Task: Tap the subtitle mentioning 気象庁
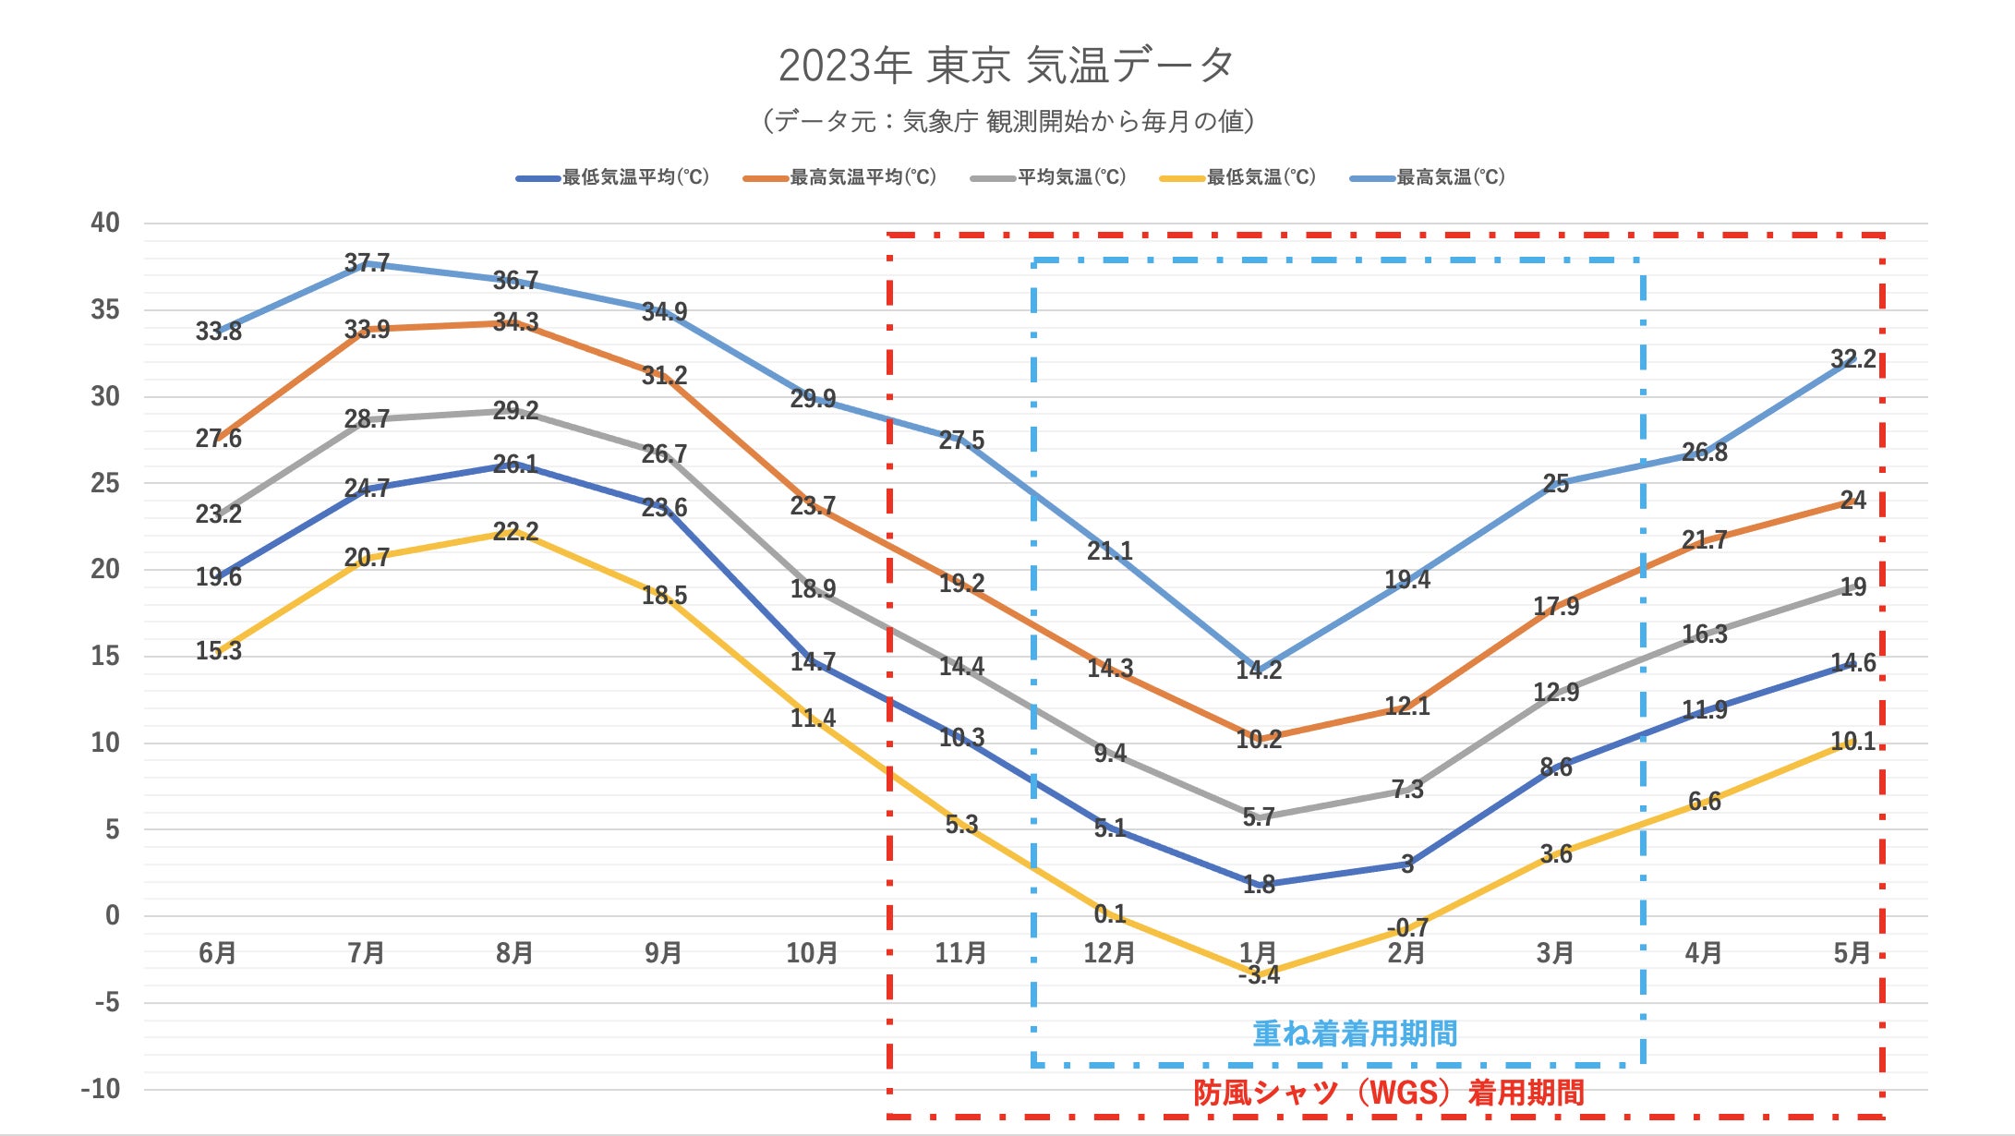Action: (1007, 121)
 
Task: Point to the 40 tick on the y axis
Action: (105, 223)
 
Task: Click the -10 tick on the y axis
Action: (101, 1089)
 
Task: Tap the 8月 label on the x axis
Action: (514, 953)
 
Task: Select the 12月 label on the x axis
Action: (1109, 953)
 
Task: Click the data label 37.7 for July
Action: (367, 263)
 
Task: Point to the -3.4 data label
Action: (1259, 975)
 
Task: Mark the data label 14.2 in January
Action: (1259, 671)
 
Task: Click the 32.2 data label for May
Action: (1852, 359)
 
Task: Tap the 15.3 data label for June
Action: (218, 651)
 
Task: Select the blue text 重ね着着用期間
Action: (1355, 1033)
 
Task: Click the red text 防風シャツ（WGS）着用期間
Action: (1388, 1094)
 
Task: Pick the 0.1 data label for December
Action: (1110, 914)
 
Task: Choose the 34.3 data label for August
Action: (515, 322)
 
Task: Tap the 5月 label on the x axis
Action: (1852, 953)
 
